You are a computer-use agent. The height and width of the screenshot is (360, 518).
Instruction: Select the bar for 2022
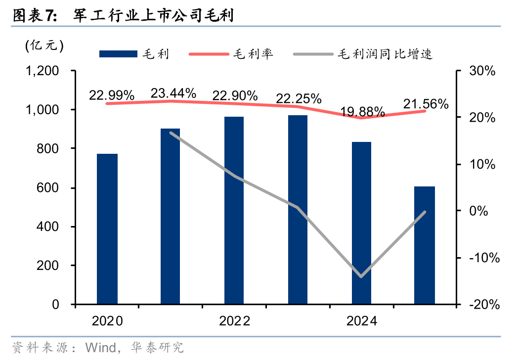[x=234, y=210]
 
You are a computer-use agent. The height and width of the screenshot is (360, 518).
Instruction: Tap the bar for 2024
[x=361, y=223]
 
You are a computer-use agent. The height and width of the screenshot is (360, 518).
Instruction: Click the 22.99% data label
[x=112, y=95]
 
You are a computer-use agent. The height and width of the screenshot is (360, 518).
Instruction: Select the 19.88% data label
[x=363, y=111]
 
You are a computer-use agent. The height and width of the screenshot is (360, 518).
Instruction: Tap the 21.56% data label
[x=426, y=104]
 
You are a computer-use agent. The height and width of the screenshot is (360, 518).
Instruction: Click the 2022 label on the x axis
[x=234, y=321]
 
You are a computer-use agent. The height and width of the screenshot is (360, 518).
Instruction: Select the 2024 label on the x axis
[x=361, y=321]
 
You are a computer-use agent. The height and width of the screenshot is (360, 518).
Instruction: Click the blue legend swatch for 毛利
[x=118, y=54]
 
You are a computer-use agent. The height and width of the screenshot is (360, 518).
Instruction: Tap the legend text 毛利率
[x=253, y=54]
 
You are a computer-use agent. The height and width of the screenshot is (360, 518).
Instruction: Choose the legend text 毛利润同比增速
[x=385, y=54]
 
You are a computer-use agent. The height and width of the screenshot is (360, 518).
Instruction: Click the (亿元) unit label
[x=45, y=46]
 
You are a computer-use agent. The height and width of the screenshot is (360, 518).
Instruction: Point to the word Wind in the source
[x=101, y=347]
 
